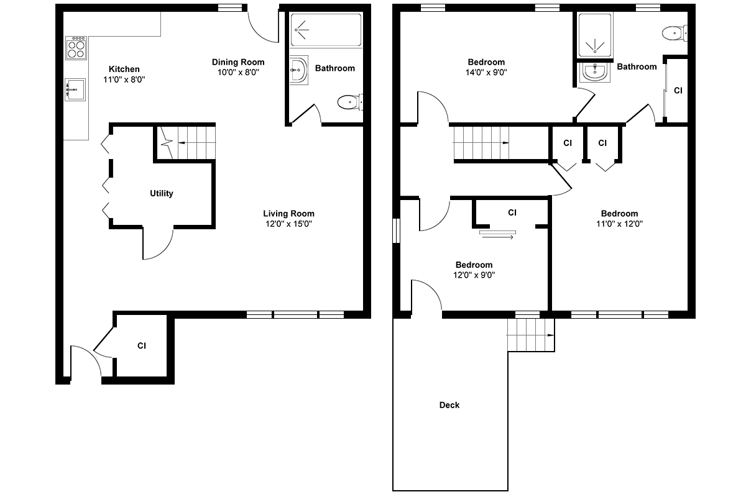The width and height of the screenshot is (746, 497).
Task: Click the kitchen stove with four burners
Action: click(76, 48)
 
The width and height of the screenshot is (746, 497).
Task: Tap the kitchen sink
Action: click(75, 89)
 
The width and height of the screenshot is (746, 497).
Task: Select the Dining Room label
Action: click(238, 62)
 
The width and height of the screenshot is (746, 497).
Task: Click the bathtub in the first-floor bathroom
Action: click(326, 30)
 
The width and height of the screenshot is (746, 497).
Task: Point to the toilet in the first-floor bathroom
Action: click(350, 103)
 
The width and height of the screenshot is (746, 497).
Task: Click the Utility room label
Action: click(162, 193)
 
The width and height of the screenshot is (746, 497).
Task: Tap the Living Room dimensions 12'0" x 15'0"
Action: click(288, 224)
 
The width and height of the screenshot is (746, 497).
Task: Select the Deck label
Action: click(449, 405)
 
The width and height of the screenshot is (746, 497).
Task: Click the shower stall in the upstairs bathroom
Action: click(595, 35)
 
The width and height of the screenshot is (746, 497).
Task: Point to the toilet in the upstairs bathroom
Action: click(675, 34)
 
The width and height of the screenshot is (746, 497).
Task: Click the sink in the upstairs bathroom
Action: click(595, 72)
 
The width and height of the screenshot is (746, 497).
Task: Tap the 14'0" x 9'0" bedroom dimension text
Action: click(486, 72)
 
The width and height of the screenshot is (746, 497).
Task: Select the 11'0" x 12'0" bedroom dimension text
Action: click(619, 224)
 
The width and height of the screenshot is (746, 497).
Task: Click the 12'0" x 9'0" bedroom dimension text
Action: click(474, 275)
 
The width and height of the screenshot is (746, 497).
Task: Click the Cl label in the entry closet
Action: click(142, 346)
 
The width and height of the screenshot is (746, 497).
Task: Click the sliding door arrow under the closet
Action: click(498, 237)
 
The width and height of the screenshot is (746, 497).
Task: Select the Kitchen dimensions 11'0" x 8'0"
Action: click(124, 80)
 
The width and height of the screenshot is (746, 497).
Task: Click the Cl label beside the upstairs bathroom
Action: click(678, 91)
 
